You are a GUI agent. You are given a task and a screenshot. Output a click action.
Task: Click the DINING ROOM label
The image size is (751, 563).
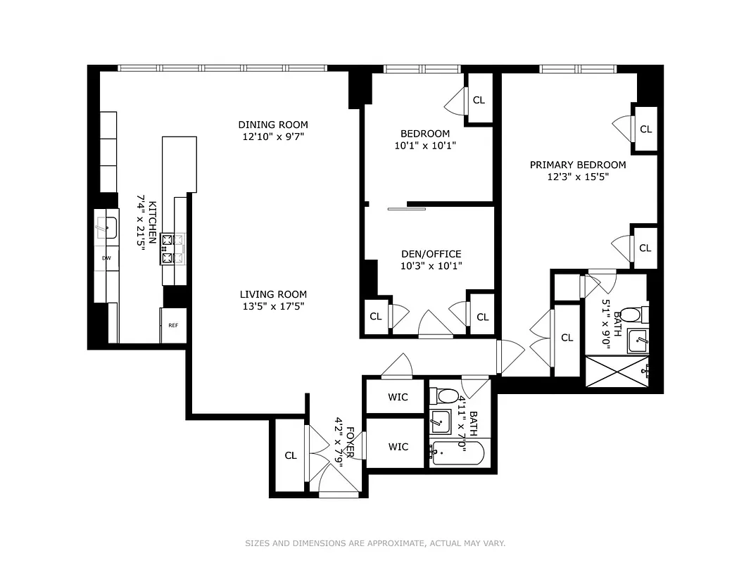[272, 125]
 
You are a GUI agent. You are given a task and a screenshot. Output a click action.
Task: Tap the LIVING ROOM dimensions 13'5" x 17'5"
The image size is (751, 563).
[272, 306]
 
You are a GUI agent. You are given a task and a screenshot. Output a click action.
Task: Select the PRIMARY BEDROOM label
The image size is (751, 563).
[577, 165]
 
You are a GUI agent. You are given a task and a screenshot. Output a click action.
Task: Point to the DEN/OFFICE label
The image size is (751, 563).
[431, 254]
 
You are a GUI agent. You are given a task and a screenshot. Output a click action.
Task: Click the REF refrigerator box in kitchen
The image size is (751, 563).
[173, 325]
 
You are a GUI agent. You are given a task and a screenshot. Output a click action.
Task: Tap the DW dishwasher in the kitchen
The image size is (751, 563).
[106, 258]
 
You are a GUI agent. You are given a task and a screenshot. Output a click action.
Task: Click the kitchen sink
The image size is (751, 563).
[106, 227]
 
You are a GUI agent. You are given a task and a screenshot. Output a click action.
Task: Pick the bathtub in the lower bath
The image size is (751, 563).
[457, 453]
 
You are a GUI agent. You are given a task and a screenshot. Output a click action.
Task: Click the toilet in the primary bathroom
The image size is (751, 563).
[634, 314]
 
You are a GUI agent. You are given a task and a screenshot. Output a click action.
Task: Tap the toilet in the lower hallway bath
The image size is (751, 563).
[447, 395]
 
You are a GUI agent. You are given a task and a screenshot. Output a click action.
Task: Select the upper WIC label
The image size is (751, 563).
[398, 397]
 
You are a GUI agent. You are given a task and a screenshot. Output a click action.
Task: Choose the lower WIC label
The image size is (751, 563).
[398, 446]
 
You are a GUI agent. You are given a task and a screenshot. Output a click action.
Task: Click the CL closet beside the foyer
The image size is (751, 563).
[291, 455]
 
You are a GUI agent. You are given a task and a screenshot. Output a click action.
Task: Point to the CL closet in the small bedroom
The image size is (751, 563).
[479, 100]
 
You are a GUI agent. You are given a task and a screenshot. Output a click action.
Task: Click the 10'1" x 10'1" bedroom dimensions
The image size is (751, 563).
[424, 146]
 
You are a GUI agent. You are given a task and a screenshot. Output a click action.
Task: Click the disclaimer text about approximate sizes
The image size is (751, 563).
[375, 543]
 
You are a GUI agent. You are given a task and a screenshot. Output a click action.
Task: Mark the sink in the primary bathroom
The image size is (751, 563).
[638, 341]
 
